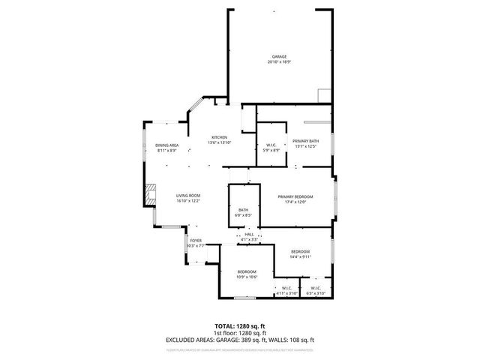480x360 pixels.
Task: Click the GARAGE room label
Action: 278,57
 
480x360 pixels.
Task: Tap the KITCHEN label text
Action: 219,137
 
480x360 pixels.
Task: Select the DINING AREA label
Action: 166,145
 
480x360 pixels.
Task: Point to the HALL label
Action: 249,234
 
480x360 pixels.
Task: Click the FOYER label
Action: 195,241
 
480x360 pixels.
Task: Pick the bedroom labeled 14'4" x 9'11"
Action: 300,254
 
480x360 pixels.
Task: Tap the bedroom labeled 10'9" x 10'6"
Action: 247,274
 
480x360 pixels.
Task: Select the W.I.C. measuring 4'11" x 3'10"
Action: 286,290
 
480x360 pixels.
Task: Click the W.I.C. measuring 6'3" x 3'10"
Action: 315,290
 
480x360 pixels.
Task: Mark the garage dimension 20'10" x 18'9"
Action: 278,62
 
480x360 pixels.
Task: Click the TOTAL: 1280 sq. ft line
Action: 240,326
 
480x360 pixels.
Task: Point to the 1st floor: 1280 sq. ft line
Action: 240,333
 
